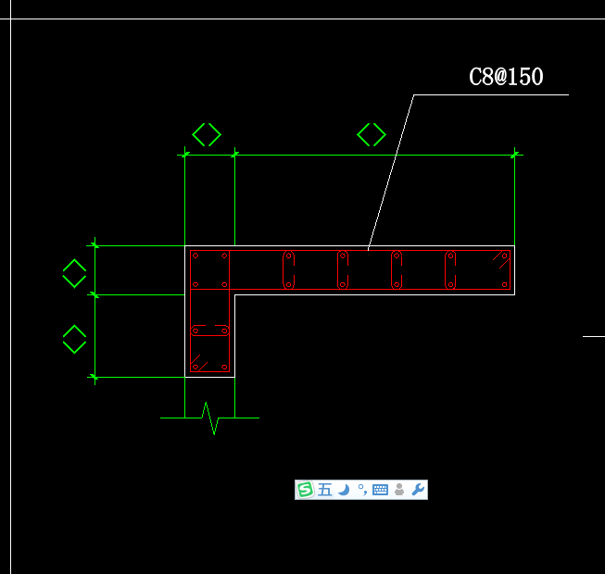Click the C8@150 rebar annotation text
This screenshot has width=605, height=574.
(506, 76)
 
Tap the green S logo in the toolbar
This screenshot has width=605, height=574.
(305, 490)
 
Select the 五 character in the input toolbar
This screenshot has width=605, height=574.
(325, 490)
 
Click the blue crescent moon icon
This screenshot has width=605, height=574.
(344, 490)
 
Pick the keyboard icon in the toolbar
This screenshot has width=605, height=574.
(380, 490)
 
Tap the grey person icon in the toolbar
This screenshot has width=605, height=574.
(399, 490)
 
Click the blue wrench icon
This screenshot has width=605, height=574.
(418, 490)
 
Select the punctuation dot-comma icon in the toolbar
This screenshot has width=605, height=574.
(362, 490)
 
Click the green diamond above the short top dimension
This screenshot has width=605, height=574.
(207, 134)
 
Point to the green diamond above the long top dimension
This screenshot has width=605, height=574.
(372, 134)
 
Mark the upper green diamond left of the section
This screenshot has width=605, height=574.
(74, 273)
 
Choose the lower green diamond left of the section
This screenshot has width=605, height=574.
(74, 339)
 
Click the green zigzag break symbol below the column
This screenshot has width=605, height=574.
(210, 418)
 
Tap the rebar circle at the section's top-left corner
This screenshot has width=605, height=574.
(195, 256)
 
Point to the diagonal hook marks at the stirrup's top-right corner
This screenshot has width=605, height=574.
(501, 259)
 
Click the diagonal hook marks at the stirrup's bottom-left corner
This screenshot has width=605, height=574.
(199, 363)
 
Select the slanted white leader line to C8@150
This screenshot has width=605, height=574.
(391, 172)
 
